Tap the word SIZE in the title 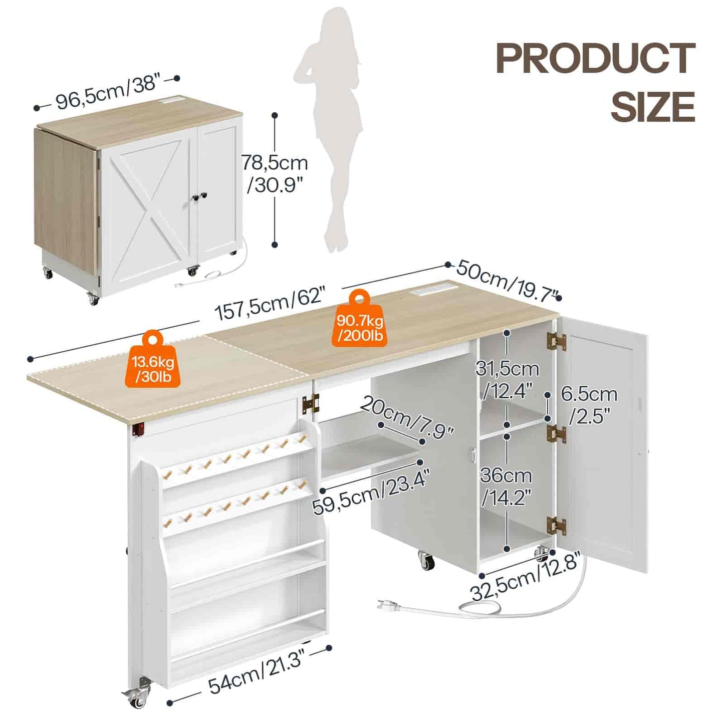pyautogui.click(x=652, y=107)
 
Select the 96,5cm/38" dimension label pyautogui.click(x=107, y=93)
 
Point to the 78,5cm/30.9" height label pyautogui.click(x=275, y=173)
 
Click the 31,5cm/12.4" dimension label pyautogui.click(x=507, y=380)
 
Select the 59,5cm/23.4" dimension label pyautogui.click(x=371, y=493)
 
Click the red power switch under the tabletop pyautogui.click(x=138, y=429)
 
